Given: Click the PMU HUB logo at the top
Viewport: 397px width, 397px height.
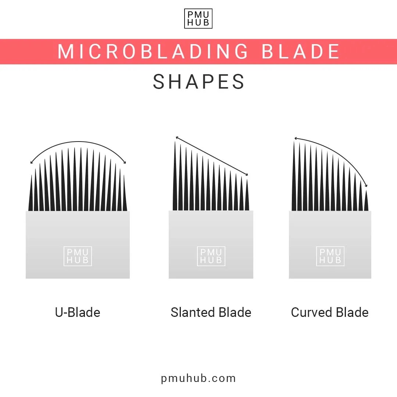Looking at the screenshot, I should (198, 18).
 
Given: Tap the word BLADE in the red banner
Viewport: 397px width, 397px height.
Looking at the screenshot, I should (300, 51).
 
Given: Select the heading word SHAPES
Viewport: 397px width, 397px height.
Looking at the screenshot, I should (198, 82).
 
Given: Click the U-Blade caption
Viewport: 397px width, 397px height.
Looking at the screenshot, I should (78, 312).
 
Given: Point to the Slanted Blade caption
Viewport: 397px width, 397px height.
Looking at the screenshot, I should (211, 312).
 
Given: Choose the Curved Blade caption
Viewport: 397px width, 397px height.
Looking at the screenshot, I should (330, 312).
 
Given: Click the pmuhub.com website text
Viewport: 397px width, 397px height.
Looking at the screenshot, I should (198, 378).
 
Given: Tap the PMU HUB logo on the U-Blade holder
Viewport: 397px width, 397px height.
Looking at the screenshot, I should (78, 256).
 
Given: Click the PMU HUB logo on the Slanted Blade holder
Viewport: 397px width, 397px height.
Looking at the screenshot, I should (211, 256).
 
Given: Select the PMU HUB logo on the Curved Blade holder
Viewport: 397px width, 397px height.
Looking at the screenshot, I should (330, 256).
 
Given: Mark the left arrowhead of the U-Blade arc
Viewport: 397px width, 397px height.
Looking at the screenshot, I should (32, 162).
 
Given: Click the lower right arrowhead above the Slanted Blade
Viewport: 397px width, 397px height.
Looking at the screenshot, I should (247, 175).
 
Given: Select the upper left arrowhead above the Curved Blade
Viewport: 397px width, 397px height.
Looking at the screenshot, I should (295, 139).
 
